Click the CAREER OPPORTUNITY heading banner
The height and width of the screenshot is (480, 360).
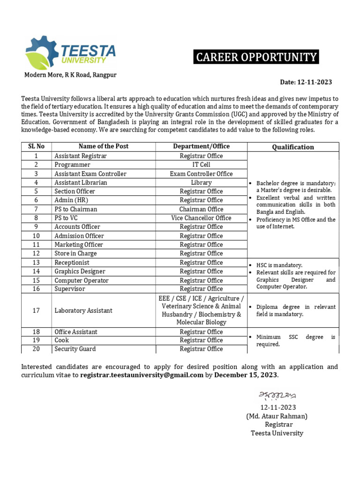[x=256, y=57]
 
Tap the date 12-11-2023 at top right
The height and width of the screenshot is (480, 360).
[x=306, y=82]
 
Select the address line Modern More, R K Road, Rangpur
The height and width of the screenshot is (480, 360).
[x=71, y=75]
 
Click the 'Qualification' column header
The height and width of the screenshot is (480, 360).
[x=293, y=147]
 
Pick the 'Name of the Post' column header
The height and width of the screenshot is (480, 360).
[x=103, y=146]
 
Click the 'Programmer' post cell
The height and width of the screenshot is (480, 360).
[x=72, y=165]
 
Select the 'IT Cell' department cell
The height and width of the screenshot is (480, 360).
[x=201, y=165]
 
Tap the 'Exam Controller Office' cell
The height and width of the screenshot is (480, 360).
[x=201, y=173]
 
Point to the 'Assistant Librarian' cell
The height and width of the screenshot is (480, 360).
[x=81, y=182]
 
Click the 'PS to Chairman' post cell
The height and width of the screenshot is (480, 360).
[x=76, y=209]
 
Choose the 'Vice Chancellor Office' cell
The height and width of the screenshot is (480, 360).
[x=201, y=218]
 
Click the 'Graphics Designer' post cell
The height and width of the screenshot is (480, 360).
[x=80, y=271]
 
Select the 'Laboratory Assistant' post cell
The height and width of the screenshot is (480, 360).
[x=83, y=310]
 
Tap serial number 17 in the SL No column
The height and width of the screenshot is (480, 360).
[x=36, y=310]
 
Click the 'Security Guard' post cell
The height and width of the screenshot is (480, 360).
[x=75, y=349]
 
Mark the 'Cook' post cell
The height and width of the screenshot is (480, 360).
[x=61, y=340]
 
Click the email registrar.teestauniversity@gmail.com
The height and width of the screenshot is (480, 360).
[x=142, y=375]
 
